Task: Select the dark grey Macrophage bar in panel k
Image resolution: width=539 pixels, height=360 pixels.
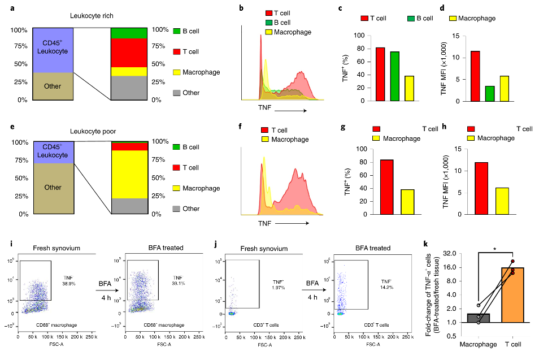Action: [x=479, y=318]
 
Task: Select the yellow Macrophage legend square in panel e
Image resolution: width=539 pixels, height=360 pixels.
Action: [x=177, y=188]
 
